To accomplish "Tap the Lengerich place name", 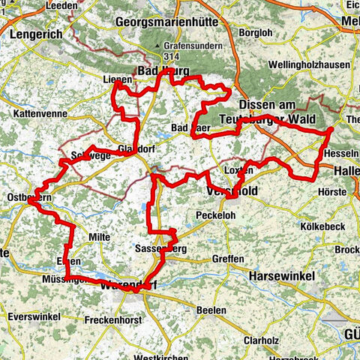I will [32, 33].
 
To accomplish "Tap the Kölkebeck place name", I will [322, 225].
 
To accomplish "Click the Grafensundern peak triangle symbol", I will [166, 45].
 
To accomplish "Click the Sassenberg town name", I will [160, 248].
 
